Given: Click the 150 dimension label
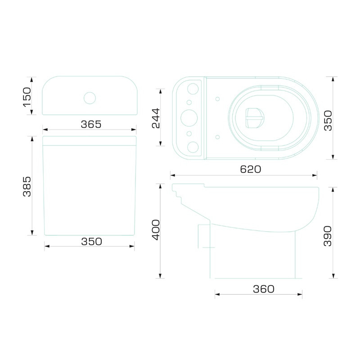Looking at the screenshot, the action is [27, 97].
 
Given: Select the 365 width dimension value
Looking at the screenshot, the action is [91, 124].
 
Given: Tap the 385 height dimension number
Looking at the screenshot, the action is [27, 186].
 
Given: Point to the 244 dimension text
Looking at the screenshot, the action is [156, 118].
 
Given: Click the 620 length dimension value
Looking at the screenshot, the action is [251, 169].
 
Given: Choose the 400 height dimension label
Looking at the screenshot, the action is [156, 230].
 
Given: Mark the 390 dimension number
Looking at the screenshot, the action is [328, 236].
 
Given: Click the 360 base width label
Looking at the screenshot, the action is [264, 289].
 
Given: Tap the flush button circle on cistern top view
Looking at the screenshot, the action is [90, 98].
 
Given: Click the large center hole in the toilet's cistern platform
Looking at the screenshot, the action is [189, 118].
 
